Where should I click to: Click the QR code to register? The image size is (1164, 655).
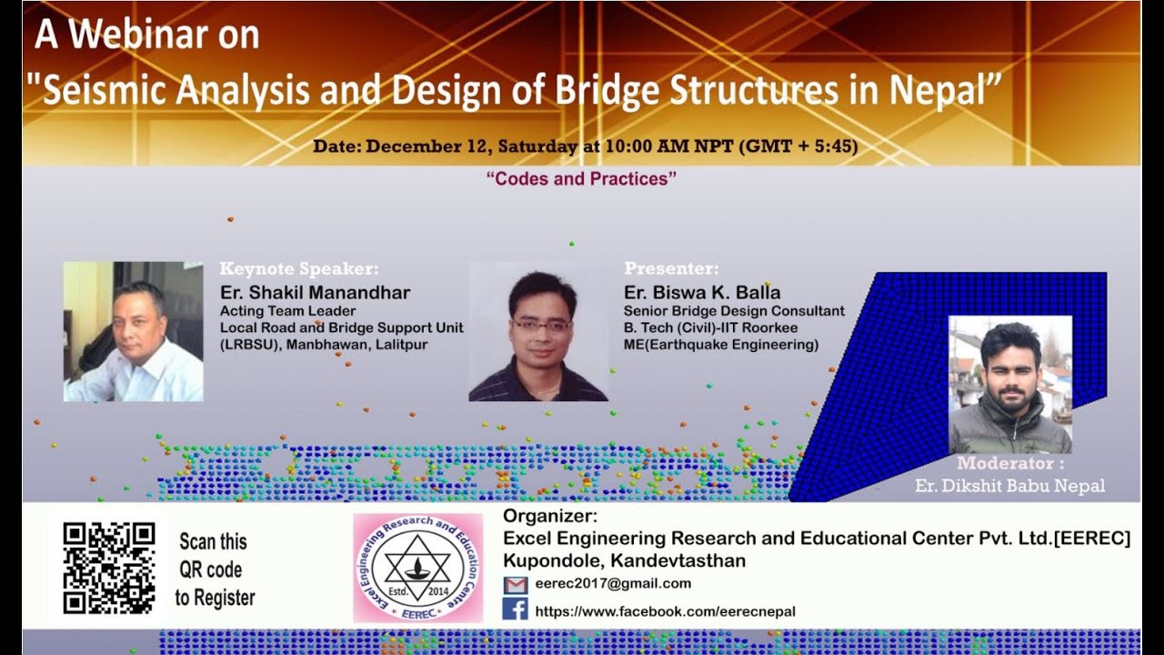click(x=108, y=568)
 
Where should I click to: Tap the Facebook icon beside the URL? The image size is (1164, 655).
click(x=515, y=609)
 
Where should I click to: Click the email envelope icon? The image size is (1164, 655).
click(x=515, y=585)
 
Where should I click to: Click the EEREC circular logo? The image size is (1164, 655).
click(x=417, y=568)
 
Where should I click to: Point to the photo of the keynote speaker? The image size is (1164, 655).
click(x=133, y=332)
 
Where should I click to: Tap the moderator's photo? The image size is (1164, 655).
click(x=1009, y=385)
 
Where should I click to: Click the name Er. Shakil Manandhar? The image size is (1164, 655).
click(x=315, y=293)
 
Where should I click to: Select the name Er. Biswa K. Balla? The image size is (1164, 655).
click(x=702, y=293)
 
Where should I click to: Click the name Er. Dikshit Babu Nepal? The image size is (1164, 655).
click(x=1009, y=486)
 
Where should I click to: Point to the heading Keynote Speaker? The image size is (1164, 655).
click(x=298, y=269)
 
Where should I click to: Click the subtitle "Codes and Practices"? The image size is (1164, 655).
click(x=582, y=179)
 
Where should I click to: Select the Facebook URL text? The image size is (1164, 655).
click(x=665, y=611)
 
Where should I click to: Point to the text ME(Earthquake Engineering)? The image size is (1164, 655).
click(x=720, y=345)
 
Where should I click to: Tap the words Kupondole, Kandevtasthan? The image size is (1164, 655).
click(x=624, y=561)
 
